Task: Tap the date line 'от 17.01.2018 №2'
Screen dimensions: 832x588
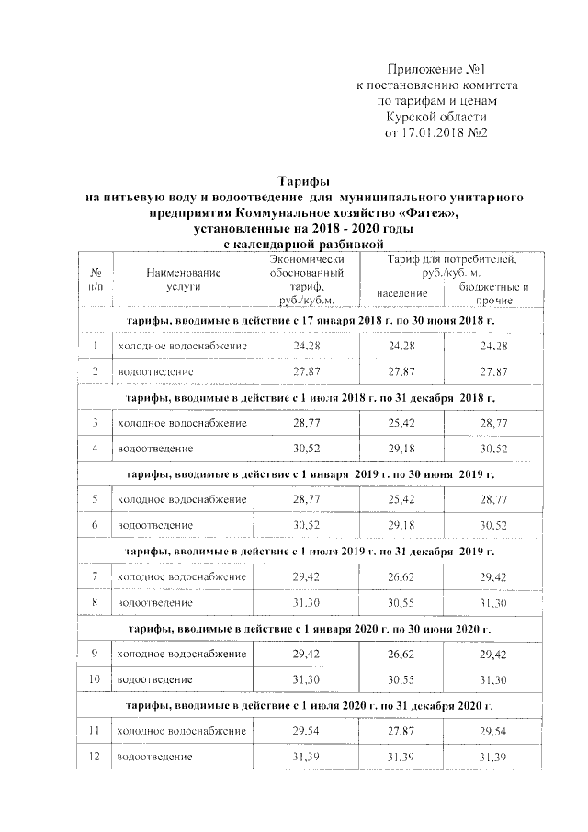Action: [435, 132]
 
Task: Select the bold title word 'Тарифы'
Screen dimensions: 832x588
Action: [303, 181]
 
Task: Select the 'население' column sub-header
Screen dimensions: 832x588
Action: [402, 292]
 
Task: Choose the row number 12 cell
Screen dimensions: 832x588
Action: [95, 756]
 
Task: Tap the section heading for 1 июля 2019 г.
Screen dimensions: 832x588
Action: [309, 551]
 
